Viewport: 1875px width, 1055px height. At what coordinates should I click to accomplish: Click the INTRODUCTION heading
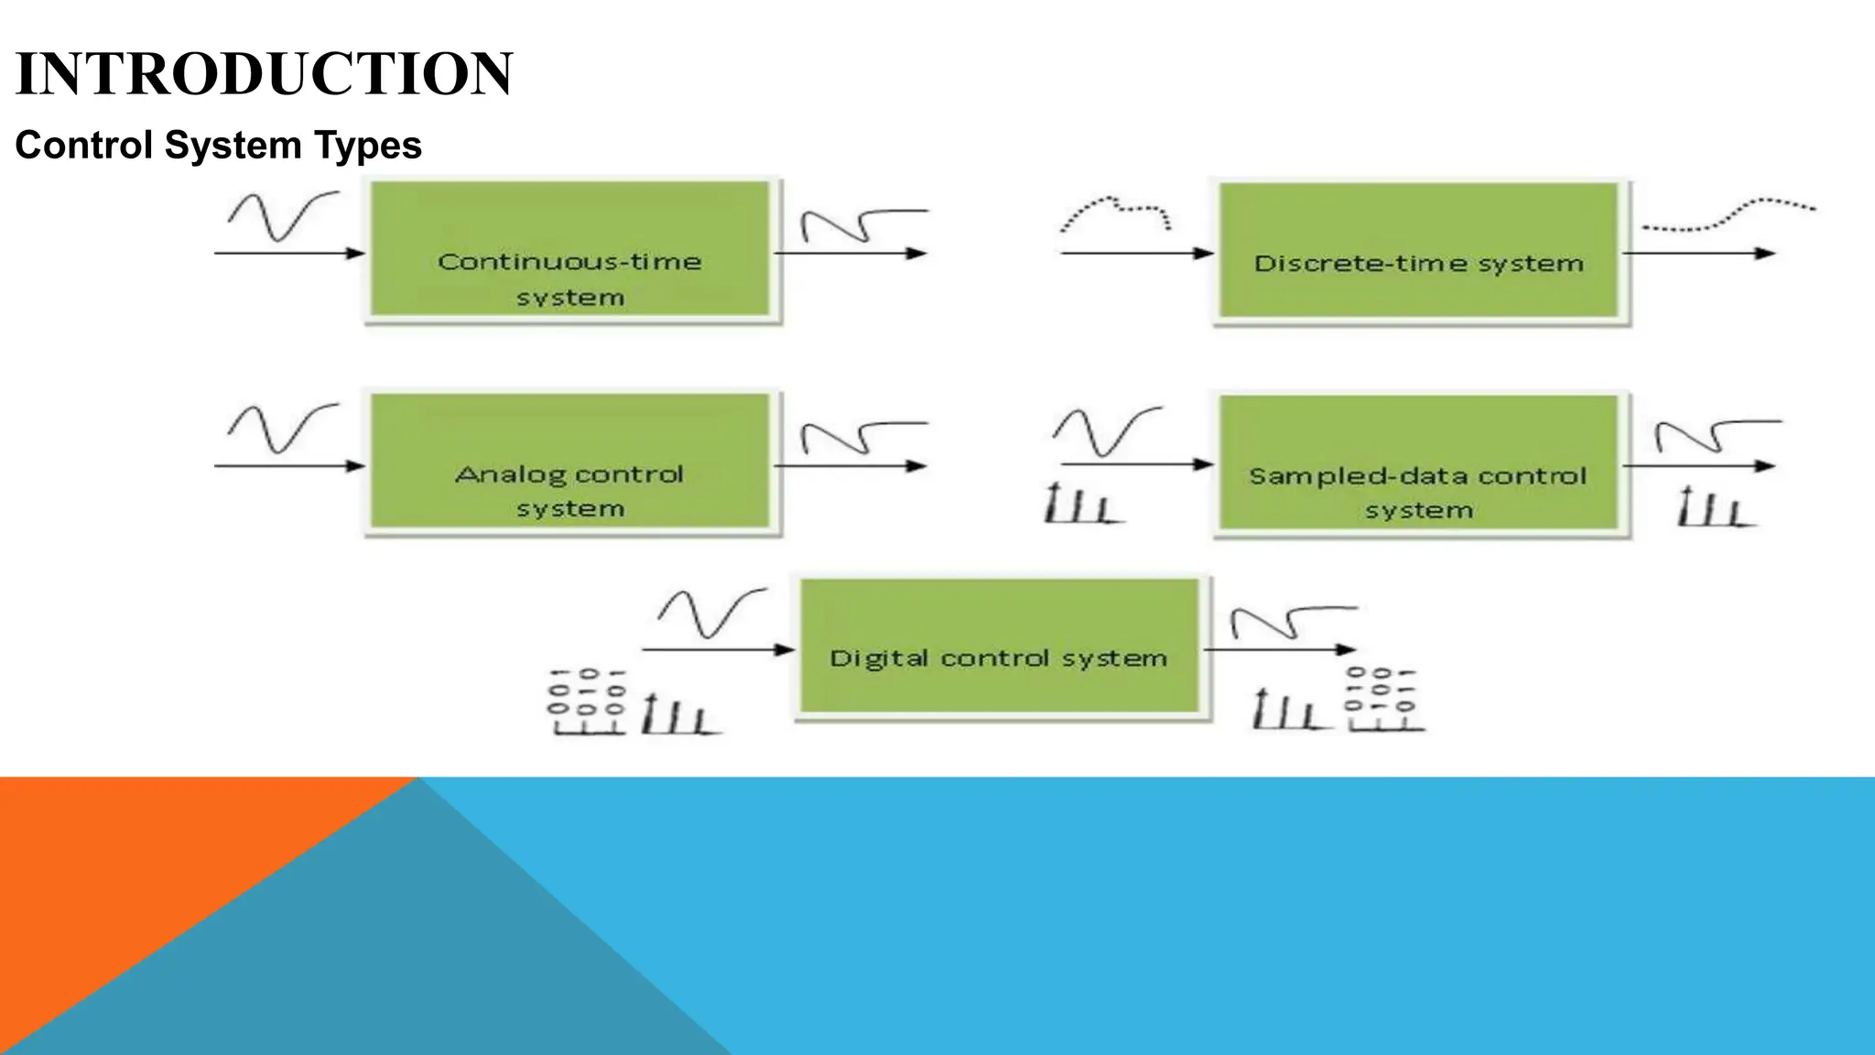click(x=264, y=74)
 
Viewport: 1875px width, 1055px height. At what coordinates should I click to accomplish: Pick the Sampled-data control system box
click(x=1419, y=463)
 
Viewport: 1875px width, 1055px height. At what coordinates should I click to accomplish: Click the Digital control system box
click(x=1000, y=647)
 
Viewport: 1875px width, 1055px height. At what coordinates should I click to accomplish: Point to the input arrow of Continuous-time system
click(x=288, y=253)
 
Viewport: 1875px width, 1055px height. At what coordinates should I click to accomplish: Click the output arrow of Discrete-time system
click(x=1699, y=253)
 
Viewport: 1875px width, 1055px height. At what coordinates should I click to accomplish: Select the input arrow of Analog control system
click(x=288, y=466)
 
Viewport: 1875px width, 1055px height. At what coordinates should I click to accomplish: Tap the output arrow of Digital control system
click(x=1280, y=649)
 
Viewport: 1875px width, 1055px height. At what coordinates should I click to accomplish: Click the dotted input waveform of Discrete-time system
click(x=1115, y=212)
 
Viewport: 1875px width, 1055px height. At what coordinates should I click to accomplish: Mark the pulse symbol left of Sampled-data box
click(x=1082, y=504)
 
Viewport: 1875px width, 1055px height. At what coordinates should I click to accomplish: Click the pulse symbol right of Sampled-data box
click(x=1714, y=506)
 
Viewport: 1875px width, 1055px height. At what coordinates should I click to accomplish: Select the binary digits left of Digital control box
click(x=587, y=702)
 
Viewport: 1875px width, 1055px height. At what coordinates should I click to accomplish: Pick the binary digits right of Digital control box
click(x=1382, y=699)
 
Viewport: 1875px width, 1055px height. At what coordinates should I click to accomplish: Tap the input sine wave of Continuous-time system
click(x=282, y=216)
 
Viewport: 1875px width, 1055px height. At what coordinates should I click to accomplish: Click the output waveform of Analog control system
click(x=862, y=437)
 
